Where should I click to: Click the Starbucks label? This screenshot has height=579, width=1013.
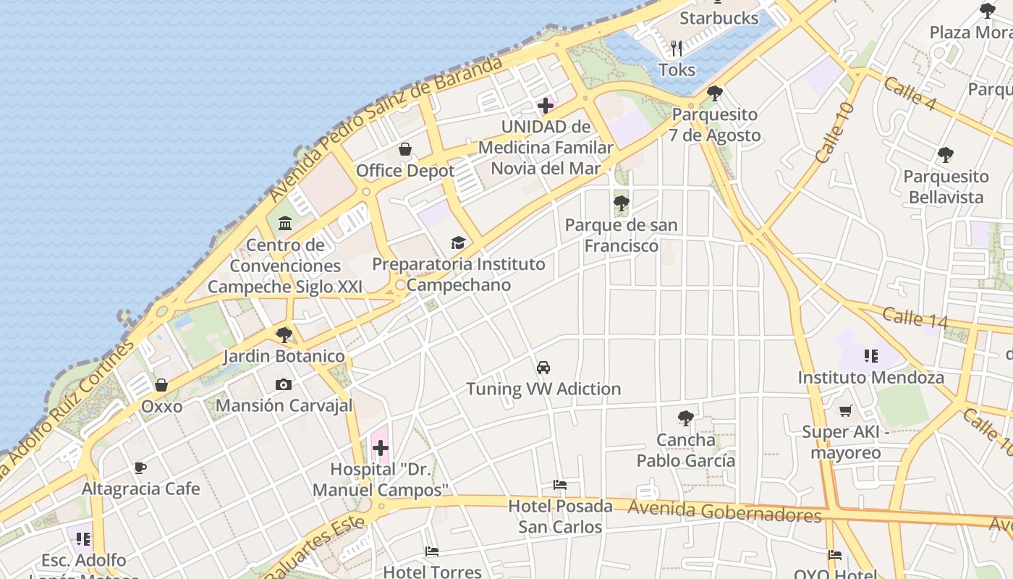coord(719,18)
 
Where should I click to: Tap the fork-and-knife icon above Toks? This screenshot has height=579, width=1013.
coord(677,48)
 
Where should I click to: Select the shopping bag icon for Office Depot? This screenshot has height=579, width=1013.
coord(405,149)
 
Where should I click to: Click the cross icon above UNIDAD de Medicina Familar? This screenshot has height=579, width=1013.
coord(546,106)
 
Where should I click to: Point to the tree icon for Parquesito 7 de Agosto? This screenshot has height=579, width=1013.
coord(715,93)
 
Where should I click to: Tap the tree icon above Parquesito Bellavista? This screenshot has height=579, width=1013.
coord(945,154)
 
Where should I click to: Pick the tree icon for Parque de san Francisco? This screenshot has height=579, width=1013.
coord(621,203)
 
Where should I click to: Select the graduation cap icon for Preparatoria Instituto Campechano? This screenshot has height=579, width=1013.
coord(458,242)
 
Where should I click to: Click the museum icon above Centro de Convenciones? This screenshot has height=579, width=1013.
coord(285,223)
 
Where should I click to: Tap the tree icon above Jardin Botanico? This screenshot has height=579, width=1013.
coord(284,334)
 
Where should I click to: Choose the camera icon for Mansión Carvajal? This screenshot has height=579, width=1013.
coord(284,384)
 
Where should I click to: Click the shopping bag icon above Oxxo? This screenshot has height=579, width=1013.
coord(161,385)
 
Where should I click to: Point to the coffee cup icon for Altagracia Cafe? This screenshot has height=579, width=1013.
coord(140,468)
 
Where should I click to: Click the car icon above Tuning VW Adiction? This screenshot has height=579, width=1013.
coord(543,367)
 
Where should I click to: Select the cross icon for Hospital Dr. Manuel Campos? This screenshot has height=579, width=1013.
coord(381,448)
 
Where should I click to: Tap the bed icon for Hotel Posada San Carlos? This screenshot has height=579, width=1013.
coord(559,485)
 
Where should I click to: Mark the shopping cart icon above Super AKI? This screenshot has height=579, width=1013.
coord(845,411)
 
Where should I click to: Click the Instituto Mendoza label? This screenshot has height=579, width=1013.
coord(870,377)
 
